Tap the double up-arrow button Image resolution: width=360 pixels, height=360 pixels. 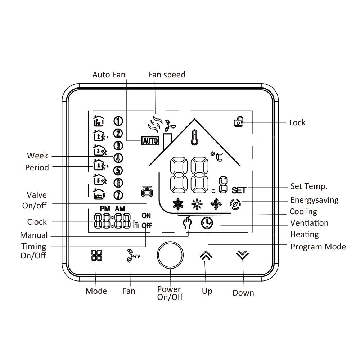(206, 255)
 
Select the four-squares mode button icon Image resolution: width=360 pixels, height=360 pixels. (96, 255)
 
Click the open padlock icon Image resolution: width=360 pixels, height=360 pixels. (239, 122)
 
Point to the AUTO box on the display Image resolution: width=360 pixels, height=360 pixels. (150, 141)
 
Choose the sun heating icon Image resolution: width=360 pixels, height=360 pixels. (197, 204)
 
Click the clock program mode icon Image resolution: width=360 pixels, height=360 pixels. (207, 223)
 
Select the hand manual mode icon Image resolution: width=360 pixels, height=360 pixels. (187, 222)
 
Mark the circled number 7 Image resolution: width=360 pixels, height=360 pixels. (118, 195)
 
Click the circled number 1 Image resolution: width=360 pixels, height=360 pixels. (118, 121)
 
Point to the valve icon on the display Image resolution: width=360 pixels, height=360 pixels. (147, 191)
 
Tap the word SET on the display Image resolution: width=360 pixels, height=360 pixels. (239, 190)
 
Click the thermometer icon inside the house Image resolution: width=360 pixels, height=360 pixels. (195, 137)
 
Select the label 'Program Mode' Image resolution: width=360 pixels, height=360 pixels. (318, 247)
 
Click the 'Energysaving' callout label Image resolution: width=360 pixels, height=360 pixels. (314, 200)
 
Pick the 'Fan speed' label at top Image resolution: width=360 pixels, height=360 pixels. (167, 75)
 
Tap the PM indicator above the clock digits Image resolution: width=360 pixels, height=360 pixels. (105, 209)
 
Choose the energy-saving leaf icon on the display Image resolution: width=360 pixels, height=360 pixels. (235, 204)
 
